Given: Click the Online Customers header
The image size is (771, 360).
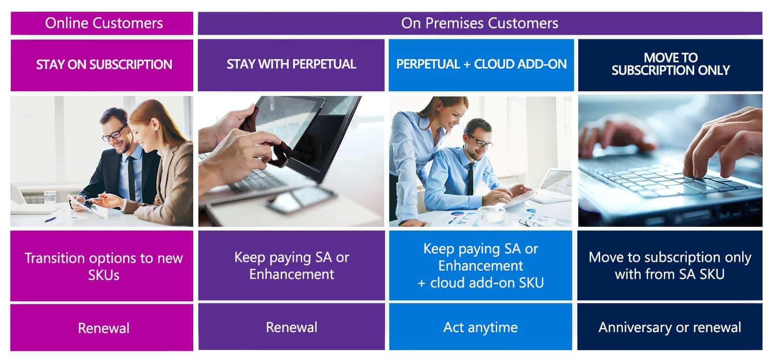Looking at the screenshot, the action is click(104, 23).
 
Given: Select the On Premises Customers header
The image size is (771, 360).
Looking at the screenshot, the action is click(480, 23).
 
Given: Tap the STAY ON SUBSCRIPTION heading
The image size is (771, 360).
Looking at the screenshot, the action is click(104, 64).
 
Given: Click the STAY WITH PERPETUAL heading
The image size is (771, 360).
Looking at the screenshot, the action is click(291, 64).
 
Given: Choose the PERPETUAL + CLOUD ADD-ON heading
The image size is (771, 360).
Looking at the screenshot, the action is click(481, 64).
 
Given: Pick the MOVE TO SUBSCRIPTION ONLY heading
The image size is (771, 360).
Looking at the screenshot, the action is click(670, 64).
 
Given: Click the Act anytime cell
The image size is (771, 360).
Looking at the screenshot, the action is click(480, 327).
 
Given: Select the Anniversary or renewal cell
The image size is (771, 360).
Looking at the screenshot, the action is click(670, 327).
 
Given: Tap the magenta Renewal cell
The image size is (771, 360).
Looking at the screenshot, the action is click(102, 328).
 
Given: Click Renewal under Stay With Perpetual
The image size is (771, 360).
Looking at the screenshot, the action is click(291, 327).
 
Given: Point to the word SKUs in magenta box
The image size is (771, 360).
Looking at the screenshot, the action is click(104, 275).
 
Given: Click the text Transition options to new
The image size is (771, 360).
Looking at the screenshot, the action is click(104, 258).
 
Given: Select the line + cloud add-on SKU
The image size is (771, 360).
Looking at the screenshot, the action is click(480, 283).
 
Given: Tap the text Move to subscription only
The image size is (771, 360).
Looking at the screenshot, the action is click(670, 258).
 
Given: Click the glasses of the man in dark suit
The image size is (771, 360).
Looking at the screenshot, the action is click(114, 134).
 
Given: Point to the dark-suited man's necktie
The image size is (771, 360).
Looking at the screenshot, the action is click(131, 179).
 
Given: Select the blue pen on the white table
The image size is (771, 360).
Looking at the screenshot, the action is click(50, 219).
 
